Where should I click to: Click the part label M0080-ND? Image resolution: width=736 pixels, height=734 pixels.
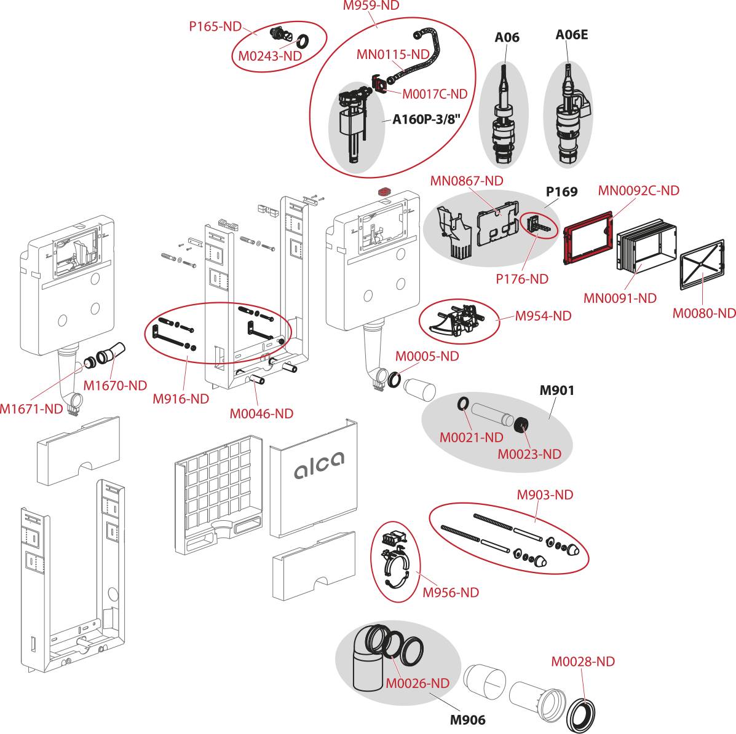tap(703, 313)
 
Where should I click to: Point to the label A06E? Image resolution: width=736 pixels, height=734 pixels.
tap(571, 35)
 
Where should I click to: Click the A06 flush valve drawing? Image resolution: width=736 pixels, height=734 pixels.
tap(504, 117)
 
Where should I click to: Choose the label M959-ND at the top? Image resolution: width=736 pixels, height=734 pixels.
tap(371, 6)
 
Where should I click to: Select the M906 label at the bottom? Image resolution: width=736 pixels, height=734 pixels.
tap(467, 720)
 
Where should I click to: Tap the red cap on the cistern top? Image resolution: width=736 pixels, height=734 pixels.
tap(385, 191)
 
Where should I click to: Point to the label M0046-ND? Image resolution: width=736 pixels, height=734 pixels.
tap(261, 413)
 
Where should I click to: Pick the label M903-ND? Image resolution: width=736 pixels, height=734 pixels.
tap(545, 494)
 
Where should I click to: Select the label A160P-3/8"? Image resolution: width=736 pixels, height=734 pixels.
tap(427, 119)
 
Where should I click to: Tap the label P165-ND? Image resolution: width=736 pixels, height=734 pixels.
tap(215, 26)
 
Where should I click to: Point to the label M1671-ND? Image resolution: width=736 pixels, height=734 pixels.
tap(31, 408)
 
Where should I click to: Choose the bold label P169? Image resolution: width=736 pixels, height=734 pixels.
tap(561, 192)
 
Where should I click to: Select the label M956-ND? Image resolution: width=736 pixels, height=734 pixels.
tap(450, 593)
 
